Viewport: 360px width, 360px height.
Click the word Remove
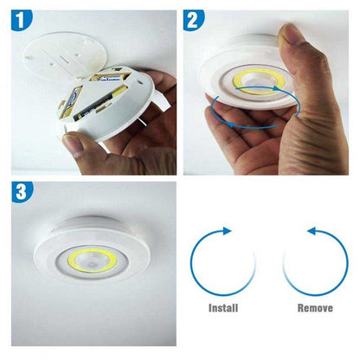tap(313, 307)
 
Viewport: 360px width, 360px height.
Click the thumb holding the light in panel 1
tap(82, 145)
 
